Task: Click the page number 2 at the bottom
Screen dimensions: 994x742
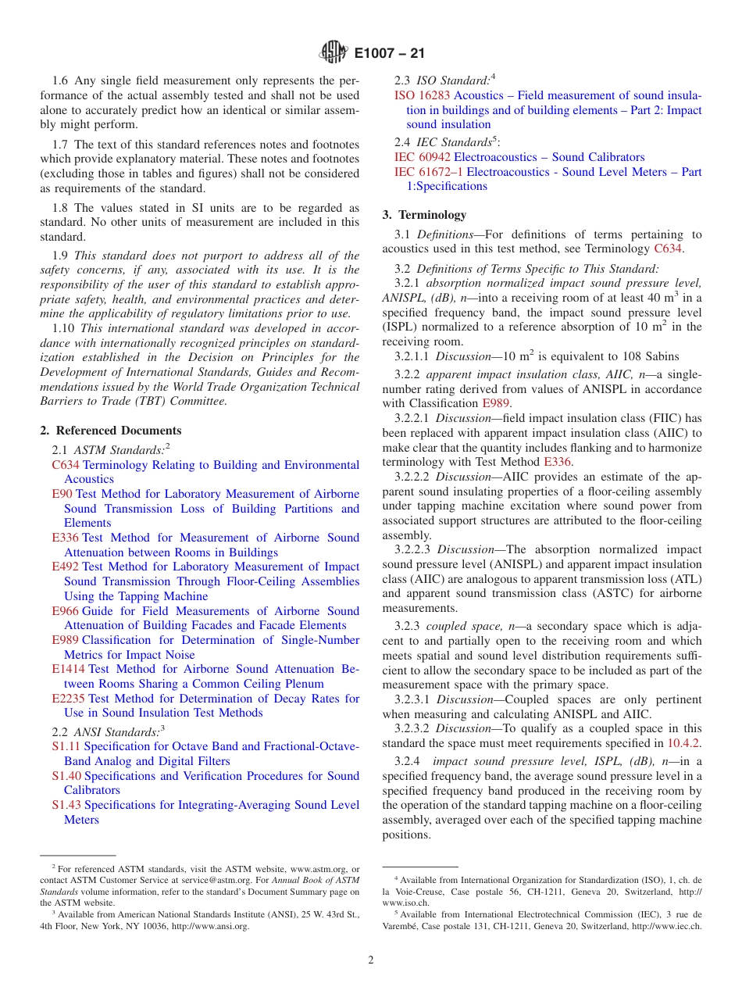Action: pos(371,960)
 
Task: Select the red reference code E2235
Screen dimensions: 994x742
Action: pos(68,699)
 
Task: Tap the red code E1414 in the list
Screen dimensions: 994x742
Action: pos(68,670)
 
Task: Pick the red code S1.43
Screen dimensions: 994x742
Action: pos(66,806)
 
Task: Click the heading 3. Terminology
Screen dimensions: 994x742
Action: pos(424,215)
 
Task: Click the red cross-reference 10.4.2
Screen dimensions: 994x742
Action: pos(684,743)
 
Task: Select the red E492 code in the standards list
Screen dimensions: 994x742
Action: pos(65,567)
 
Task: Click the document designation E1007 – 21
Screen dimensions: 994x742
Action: pos(390,54)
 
